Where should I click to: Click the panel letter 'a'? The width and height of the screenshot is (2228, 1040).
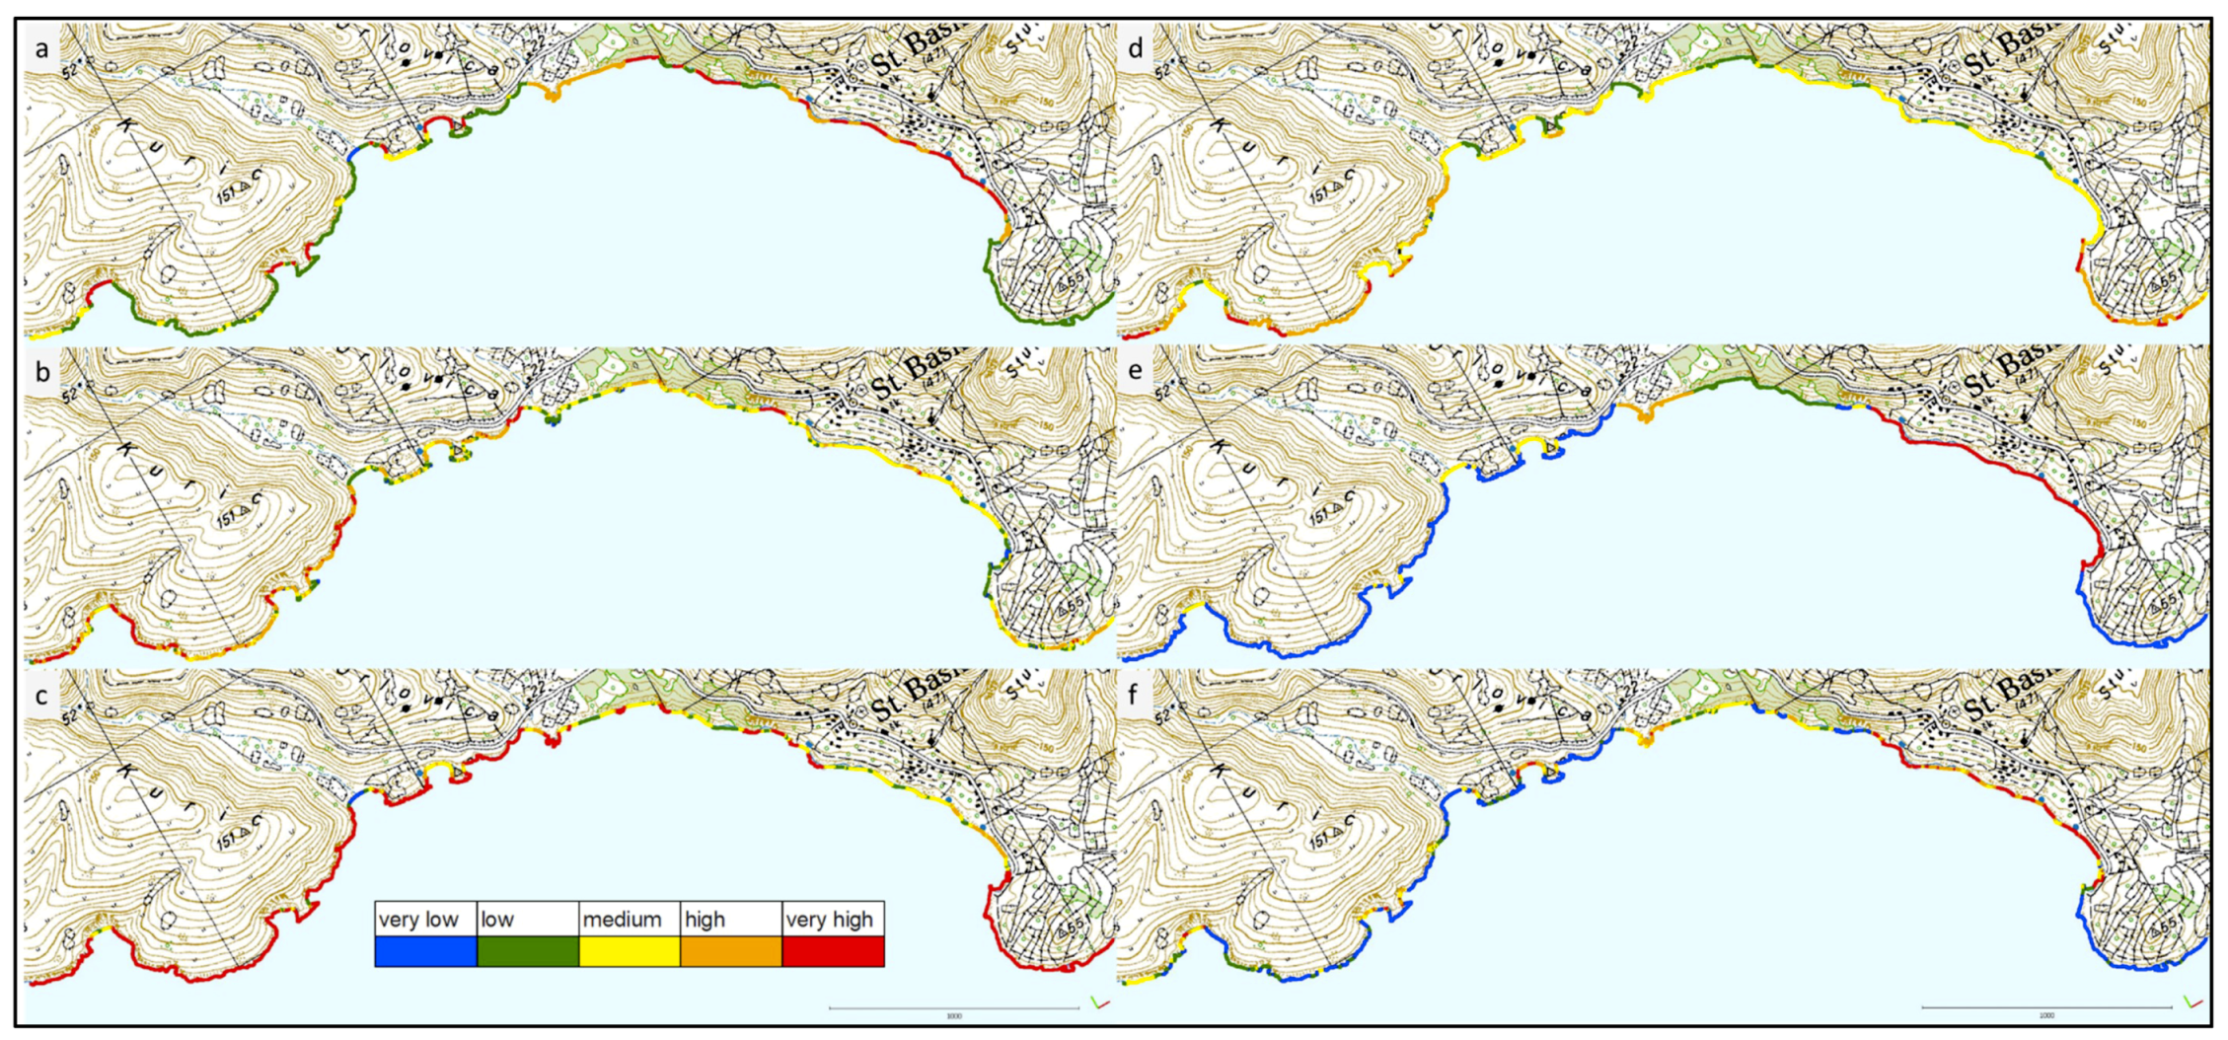click(41, 48)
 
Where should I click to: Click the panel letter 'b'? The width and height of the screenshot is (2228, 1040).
click(41, 372)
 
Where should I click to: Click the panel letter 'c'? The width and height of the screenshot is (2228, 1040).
click(41, 696)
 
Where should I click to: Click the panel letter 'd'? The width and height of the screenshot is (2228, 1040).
click(1136, 48)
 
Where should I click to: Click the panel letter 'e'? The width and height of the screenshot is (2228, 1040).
click(1136, 372)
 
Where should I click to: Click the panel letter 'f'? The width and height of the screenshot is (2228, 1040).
click(1136, 696)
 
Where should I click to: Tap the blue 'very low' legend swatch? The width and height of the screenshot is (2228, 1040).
click(425, 951)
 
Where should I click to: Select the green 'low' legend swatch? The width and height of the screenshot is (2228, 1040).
click(527, 951)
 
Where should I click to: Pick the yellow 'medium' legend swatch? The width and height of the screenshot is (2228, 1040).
click(629, 951)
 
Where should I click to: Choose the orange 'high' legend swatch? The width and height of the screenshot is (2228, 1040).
click(730, 951)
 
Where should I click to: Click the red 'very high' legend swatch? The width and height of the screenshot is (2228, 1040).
click(833, 951)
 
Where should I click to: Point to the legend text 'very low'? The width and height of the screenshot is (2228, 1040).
click(418, 920)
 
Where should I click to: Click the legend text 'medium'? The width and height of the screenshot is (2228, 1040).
click(622, 920)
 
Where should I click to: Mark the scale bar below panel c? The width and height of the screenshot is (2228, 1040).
click(953, 1007)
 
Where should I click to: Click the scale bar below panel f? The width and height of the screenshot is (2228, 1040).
click(2046, 1007)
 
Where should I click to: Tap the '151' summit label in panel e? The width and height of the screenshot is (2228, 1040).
click(1321, 517)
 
